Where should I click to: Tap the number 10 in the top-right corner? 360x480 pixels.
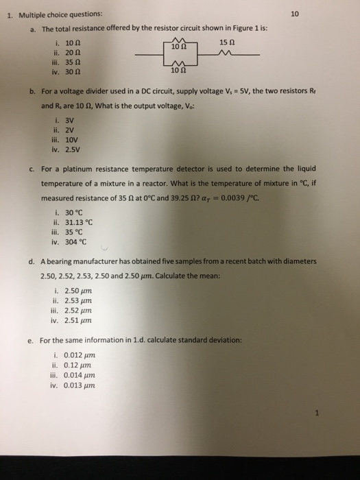click(296, 13)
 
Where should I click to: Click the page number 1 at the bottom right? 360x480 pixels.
click(317, 413)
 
